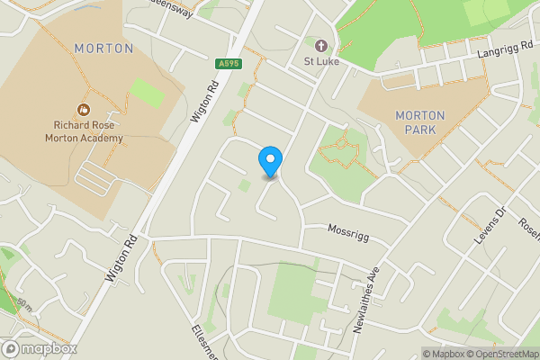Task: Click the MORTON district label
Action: (x=104, y=48)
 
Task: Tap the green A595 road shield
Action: (x=228, y=63)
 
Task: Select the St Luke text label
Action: (x=320, y=62)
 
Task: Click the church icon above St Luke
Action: (x=320, y=44)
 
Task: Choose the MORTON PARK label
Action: (x=420, y=123)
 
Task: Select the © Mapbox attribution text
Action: (x=443, y=354)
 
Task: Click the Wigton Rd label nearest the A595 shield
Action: (x=206, y=100)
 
